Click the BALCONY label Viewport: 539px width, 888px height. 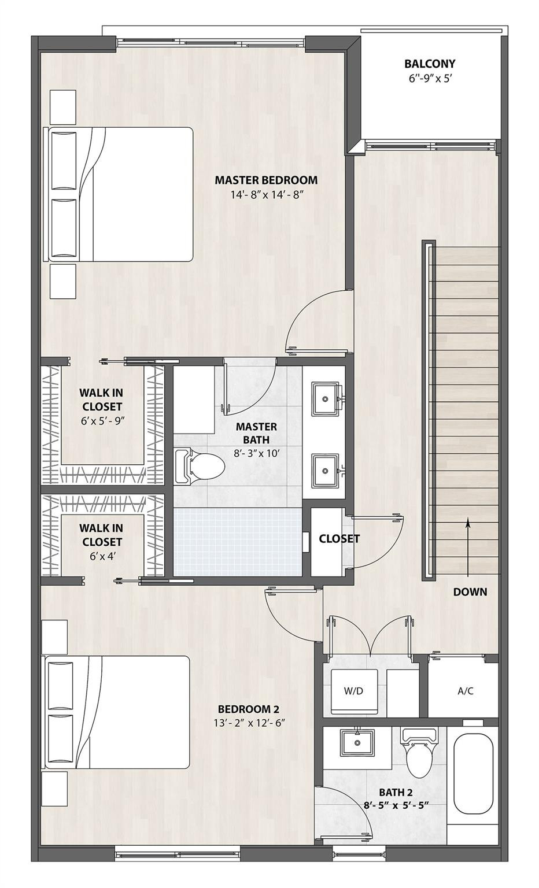click(x=430, y=64)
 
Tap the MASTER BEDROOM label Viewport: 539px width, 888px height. click(x=266, y=180)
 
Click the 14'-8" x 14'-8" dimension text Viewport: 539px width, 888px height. click(x=266, y=195)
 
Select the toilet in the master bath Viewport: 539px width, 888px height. click(x=200, y=466)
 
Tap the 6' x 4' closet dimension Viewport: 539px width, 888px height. click(x=102, y=557)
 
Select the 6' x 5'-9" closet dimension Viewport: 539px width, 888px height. click(x=103, y=421)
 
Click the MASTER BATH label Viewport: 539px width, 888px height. click(x=256, y=433)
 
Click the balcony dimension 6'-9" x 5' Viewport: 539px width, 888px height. click(x=430, y=78)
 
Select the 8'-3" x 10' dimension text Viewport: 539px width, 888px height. click(x=257, y=453)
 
